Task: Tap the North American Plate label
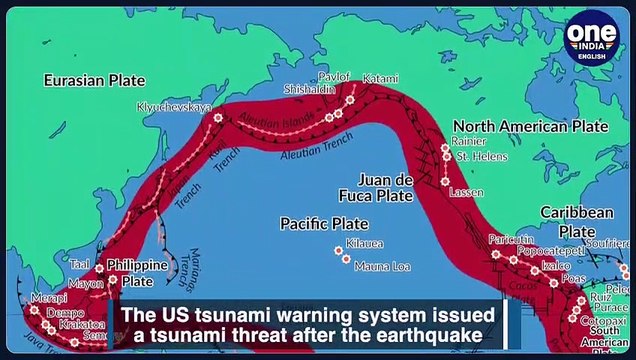coord(530,126)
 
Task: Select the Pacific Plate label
coord(324,223)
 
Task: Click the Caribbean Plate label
coord(576,221)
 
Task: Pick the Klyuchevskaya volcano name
coord(174,106)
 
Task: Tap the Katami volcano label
coord(380,78)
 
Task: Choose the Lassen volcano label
coord(466,191)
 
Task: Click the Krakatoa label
coord(79,323)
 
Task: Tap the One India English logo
coord(592,37)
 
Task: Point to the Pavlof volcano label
coord(333,77)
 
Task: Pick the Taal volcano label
coord(80,265)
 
